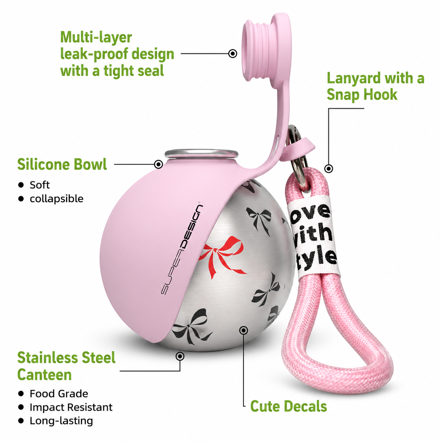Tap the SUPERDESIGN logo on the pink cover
point(181,249)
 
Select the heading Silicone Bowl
point(62,164)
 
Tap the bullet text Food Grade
point(59,394)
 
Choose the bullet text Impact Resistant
point(71,407)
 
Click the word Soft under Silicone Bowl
point(40,185)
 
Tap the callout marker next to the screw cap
point(233,54)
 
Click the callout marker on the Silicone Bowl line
point(158,164)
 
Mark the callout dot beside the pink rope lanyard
point(329,169)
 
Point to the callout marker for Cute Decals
point(244,330)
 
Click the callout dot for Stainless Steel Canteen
point(180,356)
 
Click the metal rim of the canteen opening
point(202,153)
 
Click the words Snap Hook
point(362,95)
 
